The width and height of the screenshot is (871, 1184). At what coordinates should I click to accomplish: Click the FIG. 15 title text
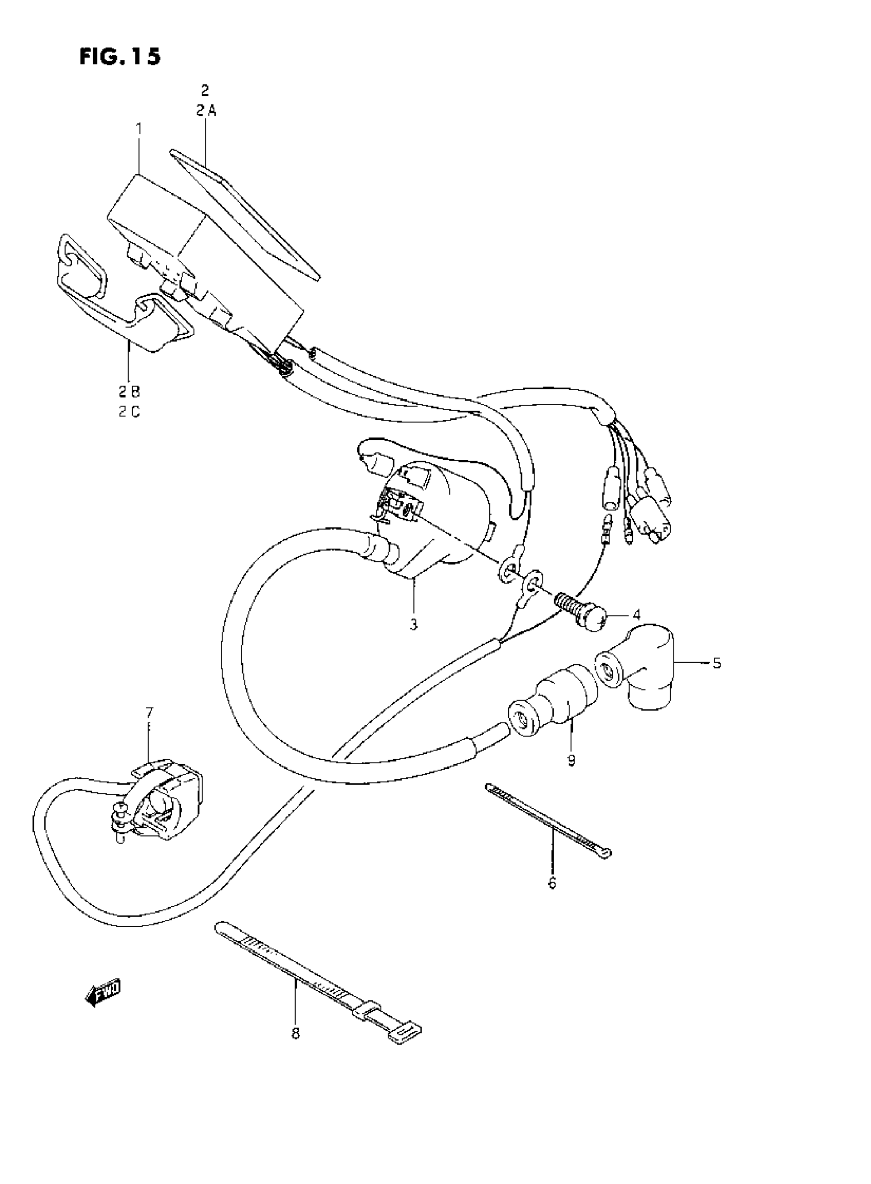[x=120, y=57]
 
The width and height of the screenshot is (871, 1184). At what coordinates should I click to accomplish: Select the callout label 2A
[x=205, y=111]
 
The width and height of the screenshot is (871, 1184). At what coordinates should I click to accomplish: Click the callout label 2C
[x=129, y=412]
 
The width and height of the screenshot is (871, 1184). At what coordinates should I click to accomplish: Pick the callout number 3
[x=413, y=624]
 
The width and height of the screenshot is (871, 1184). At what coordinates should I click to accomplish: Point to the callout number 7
[x=149, y=713]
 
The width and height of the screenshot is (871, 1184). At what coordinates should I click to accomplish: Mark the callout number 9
[x=571, y=760]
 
